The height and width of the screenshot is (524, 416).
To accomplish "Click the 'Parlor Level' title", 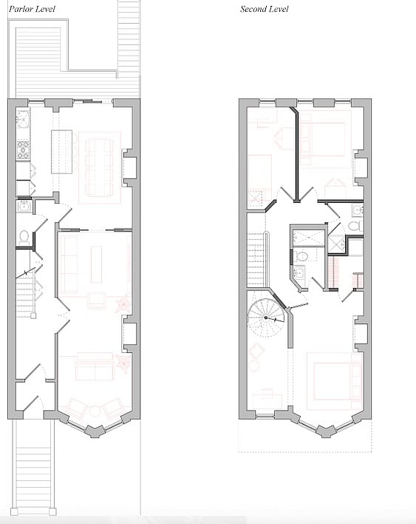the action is point(32,9).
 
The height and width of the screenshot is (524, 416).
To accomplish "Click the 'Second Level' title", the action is point(265,9).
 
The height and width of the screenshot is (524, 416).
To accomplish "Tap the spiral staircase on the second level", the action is point(266,318).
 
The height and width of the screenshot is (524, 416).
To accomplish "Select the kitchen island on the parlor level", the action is point(62,152).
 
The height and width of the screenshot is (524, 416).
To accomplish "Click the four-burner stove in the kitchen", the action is point(23,150).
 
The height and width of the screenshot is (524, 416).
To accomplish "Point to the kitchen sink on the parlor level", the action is point(23,118).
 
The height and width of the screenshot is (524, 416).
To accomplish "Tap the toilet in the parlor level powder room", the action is point(24,237).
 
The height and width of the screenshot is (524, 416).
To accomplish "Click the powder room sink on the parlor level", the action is point(24,206).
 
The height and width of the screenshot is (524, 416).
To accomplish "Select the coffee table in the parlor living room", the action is point(96,264).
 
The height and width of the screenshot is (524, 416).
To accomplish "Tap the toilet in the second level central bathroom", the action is point(302,257).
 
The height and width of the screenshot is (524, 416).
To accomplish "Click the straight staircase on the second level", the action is point(258,260).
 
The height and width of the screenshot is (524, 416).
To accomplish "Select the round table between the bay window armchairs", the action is point(95,412).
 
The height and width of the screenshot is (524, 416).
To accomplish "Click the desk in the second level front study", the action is point(267,401).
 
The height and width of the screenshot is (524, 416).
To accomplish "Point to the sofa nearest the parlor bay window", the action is point(95,366).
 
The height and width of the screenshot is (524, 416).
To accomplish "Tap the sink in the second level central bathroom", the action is point(299,272).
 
